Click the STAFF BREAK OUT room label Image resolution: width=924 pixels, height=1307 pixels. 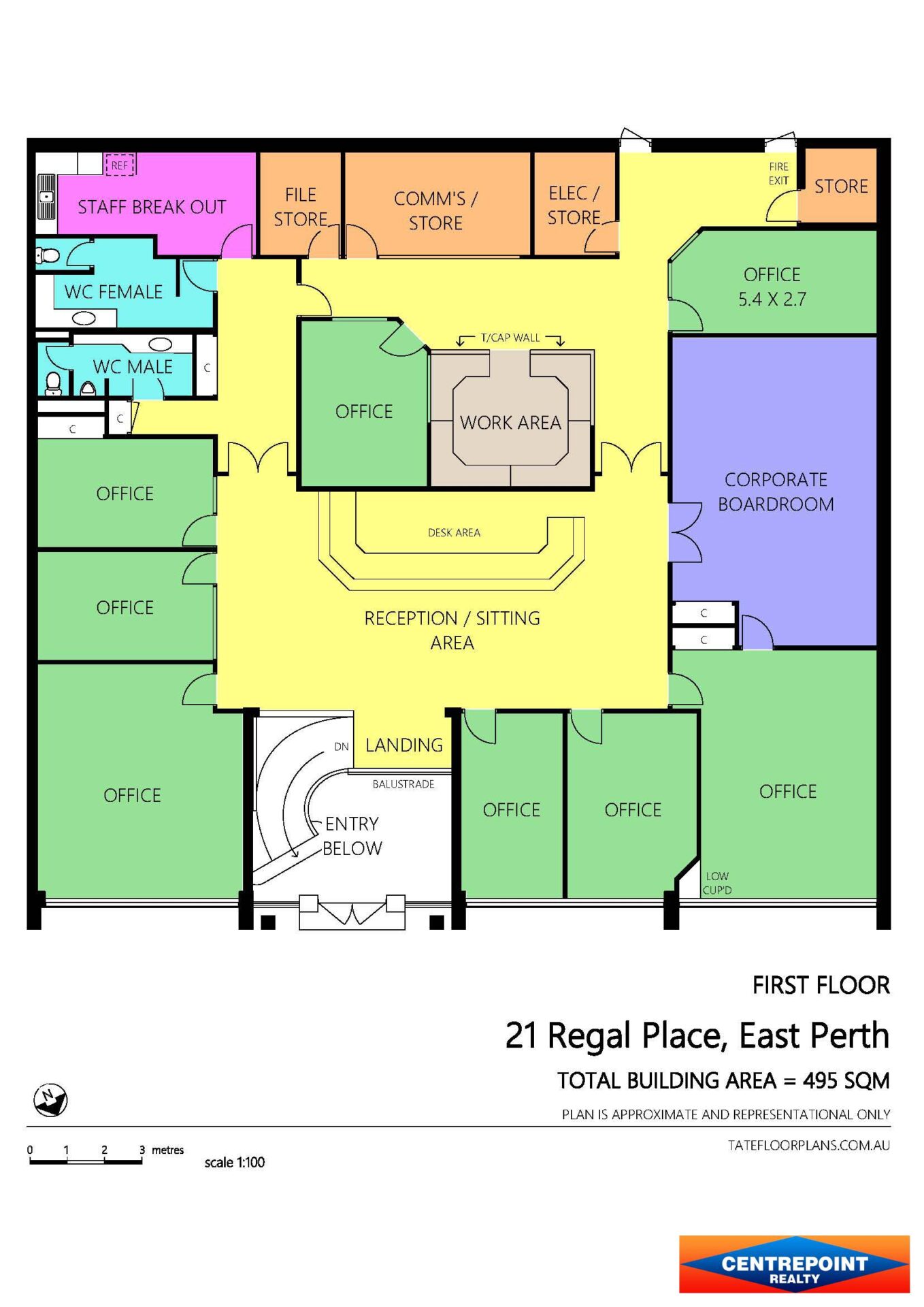(152, 207)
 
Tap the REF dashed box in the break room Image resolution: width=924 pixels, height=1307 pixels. (120, 165)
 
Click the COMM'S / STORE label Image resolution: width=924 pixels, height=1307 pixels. (435, 210)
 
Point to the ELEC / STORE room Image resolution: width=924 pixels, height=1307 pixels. (574, 204)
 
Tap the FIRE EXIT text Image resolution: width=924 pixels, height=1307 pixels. (778, 174)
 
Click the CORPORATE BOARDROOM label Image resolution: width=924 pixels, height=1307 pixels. (776, 491)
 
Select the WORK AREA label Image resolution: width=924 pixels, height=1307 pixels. (510, 423)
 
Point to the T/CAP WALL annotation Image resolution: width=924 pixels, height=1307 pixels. (510, 338)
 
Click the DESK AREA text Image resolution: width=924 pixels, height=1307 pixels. (454, 532)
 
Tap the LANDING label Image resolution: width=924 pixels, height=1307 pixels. (404, 745)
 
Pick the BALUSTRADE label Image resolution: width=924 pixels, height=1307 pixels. (403, 784)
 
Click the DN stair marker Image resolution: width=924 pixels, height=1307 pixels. (341, 747)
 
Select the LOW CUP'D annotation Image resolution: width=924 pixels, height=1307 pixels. (717, 883)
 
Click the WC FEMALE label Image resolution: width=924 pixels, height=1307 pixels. (114, 292)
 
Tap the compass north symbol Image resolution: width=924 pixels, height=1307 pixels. (50, 1100)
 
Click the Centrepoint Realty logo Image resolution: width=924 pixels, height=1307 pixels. (794, 1264)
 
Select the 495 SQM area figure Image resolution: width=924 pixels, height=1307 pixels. (846, 1080)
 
